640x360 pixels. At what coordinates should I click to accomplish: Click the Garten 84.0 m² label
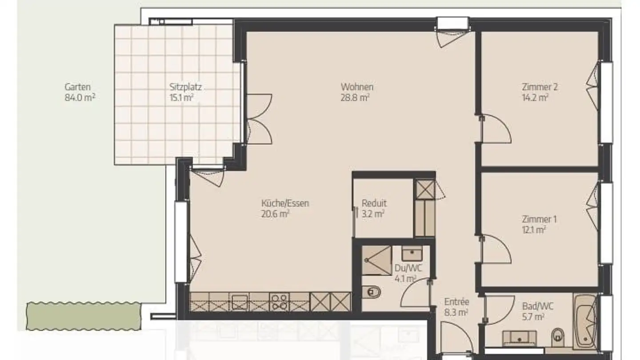[x=80, y=92]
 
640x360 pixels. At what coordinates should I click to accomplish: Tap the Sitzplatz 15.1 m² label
[x=185, y=92]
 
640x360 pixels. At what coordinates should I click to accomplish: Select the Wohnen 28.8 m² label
[x=357, y=92]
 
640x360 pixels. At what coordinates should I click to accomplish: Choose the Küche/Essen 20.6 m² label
[x=285, y=208]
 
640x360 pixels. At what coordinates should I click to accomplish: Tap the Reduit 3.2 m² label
[x=374, y=208]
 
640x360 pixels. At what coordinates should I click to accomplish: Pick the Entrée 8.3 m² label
[x=456, y=307]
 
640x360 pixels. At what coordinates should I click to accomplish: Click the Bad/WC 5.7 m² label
[x=538, y=312]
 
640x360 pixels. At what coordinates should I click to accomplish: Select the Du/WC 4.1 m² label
[x=408, y=273]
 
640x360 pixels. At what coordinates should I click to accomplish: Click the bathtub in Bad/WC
[x=585, y=321]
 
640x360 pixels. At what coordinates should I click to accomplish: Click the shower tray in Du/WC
[x=376, y=260]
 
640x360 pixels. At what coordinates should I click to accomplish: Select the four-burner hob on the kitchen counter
[x=279, y=302]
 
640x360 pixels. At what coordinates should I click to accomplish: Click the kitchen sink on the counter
[x=240, y=302]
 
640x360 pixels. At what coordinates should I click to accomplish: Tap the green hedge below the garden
[x=84, y=316]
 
